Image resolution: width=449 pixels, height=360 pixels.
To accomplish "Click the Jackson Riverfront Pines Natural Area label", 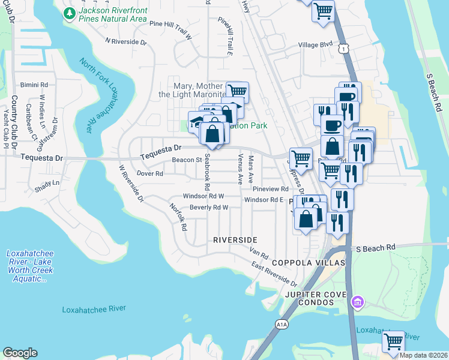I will point(112,15).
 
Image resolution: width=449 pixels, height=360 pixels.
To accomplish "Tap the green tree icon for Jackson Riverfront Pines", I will point(70,12).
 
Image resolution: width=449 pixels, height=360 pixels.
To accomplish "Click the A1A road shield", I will point(282,325).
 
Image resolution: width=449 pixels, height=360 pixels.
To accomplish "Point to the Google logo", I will point(20,353).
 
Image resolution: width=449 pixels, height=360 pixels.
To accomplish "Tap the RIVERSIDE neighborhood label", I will point(235,239).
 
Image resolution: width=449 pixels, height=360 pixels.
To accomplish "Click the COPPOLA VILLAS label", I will point(308,263).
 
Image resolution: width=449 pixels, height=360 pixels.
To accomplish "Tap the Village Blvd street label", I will point(315,45).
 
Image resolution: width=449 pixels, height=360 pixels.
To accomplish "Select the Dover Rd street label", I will point(150,173).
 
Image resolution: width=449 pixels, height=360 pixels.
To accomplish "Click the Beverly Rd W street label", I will point(209,208).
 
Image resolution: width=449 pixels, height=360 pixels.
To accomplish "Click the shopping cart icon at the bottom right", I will point(393,341).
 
